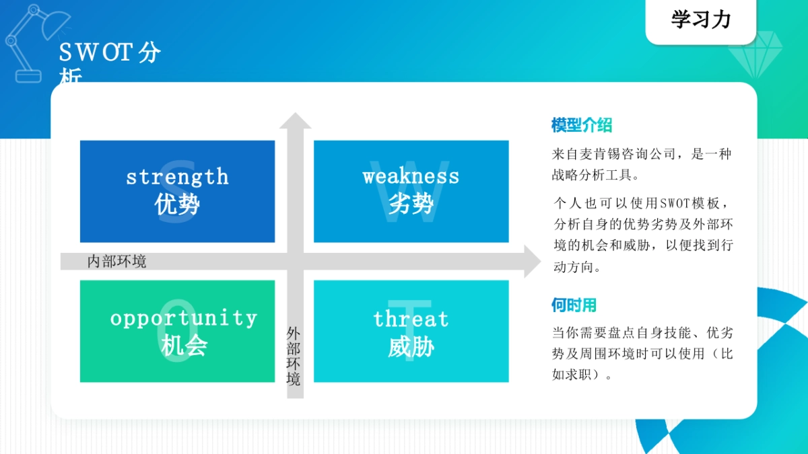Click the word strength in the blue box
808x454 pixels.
point(177,177)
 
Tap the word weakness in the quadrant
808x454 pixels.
point(411,176)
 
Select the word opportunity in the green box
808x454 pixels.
point(184,317)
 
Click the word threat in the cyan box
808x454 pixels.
point(411,319)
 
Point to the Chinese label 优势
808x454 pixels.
point(177,204)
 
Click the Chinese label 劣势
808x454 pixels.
point(411,203)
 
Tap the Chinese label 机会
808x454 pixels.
point(184,346)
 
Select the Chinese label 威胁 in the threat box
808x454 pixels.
point(411,347)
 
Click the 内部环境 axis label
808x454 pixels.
point(116,261)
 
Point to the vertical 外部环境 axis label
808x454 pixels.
point(294,356)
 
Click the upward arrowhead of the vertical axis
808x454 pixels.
point(295,121)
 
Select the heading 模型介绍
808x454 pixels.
point(581,125)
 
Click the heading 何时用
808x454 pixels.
point(574,305)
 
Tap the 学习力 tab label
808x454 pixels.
point(700,20)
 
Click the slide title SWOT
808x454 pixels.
point(95,52)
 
